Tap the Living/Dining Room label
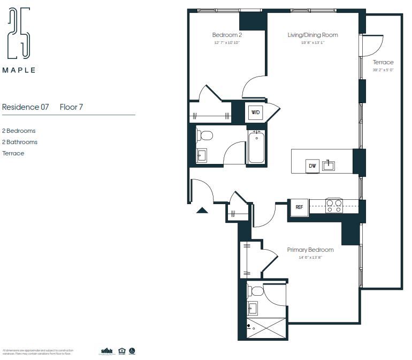coord(312,35)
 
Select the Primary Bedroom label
coord(310,250)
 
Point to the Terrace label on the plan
coord(383,63)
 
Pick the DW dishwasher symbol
coord(312,166)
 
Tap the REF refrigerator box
coord(299,207)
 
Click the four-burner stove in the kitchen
coord(334,206)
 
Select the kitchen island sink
coord(329,166)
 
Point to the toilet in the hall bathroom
coord(205,136)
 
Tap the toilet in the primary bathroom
coord(256,291)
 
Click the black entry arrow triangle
coord(202,211)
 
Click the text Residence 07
coord(26,107)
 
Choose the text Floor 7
coord(71,107)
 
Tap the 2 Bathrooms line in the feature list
coord(20,142)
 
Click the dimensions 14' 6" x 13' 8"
coord(310,258)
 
